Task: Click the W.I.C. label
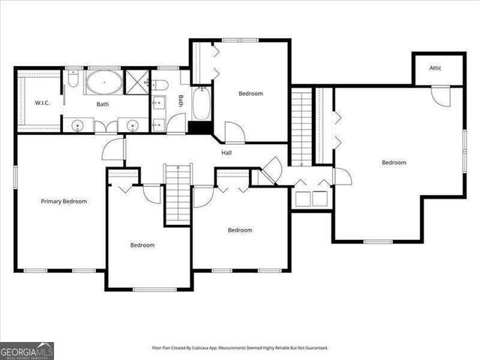click(42, 103)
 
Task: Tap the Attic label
click(435, 68)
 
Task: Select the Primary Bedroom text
click(64, 201)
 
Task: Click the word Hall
click(226, 153)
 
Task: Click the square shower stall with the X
click(137, 81)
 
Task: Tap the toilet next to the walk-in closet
click(73, 78)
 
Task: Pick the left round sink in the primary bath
click(78, 125)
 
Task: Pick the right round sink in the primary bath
click(131, 125)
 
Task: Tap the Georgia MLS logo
click(26, 350)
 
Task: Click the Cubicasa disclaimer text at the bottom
click(240, 348)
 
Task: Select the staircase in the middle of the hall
click(178, 191)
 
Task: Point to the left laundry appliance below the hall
click(303, 199)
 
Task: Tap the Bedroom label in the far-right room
click(394, 163)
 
